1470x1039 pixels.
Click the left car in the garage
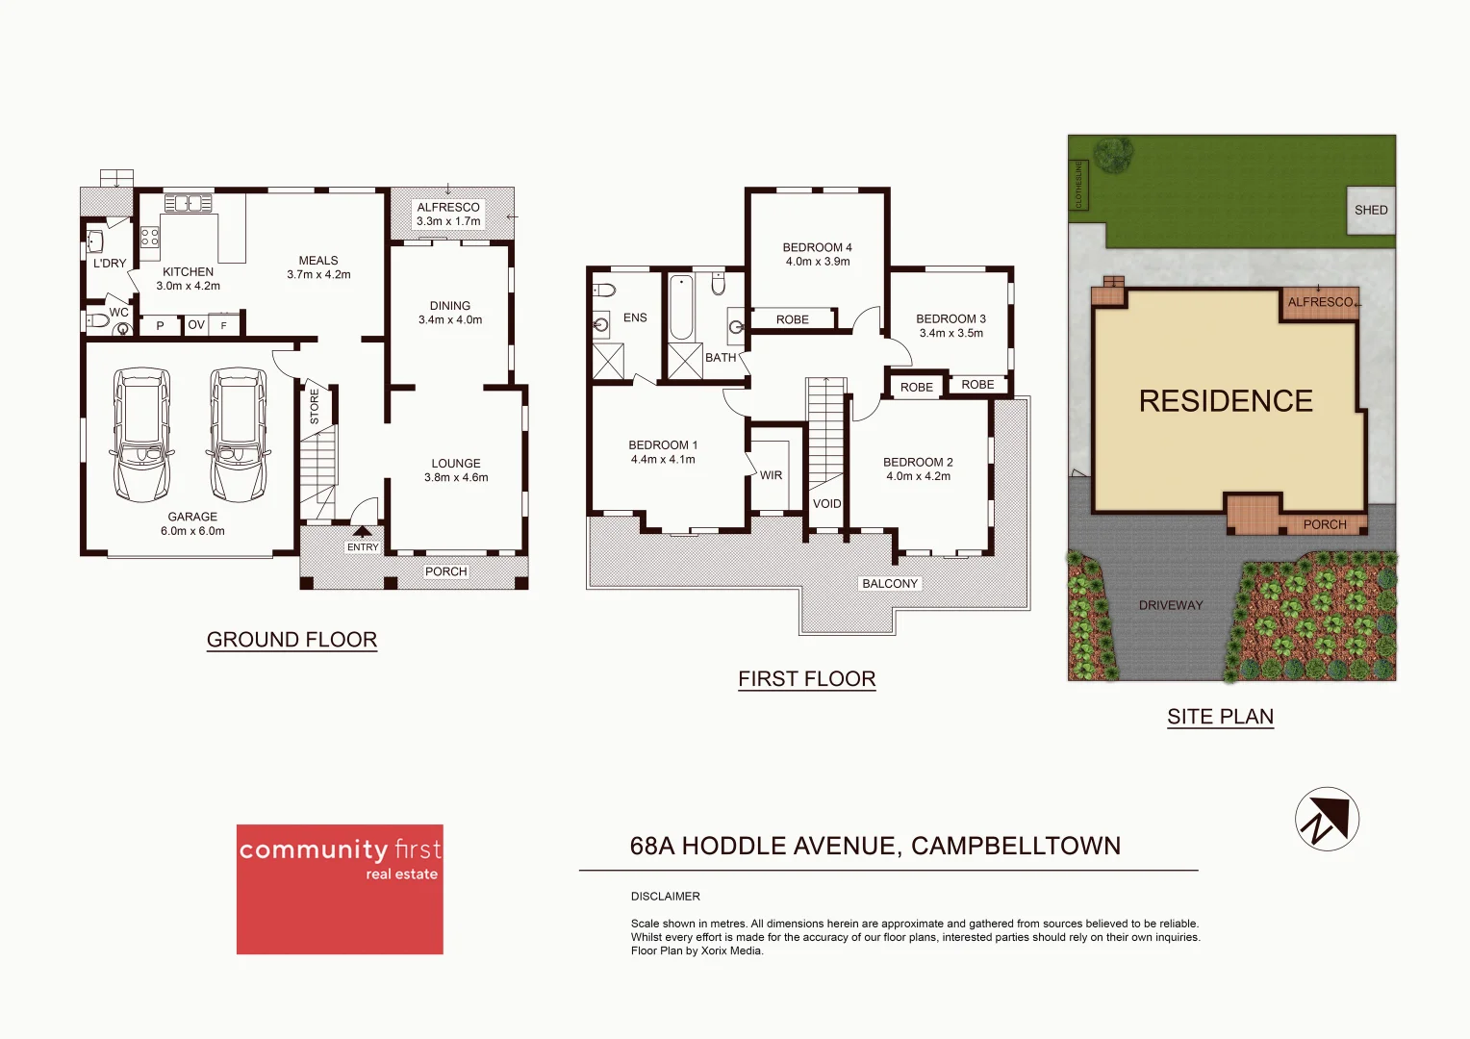tap(142, 434)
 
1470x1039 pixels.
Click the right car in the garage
tap(238, 434)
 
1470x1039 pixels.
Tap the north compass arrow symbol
tap(1327, 819)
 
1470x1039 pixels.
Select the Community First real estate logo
tap(340, 888)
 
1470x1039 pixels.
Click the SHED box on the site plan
tap(1371, 210)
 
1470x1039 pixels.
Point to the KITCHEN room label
tap(188, 272)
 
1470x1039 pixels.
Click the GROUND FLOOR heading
tap(291, 640)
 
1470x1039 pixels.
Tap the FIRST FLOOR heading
tap(806, 679)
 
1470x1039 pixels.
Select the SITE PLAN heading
tap(1220, 717)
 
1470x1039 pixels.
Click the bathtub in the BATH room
tap(681, 308)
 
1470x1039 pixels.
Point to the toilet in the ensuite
tap(604, 290)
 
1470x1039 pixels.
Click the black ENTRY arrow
tap(363, 531)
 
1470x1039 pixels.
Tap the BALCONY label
tap(890, 584)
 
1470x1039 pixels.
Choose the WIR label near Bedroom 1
tap(771, 475)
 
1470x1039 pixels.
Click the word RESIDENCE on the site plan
tap(1226, 401)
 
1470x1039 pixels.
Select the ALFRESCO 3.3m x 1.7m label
tap(448, 214)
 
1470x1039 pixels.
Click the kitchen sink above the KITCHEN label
tap(188, 203)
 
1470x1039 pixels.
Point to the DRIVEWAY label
tap(1171, 605)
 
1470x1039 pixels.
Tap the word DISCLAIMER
tap(665, 897)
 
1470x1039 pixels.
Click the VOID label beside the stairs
tap(826, 504)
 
